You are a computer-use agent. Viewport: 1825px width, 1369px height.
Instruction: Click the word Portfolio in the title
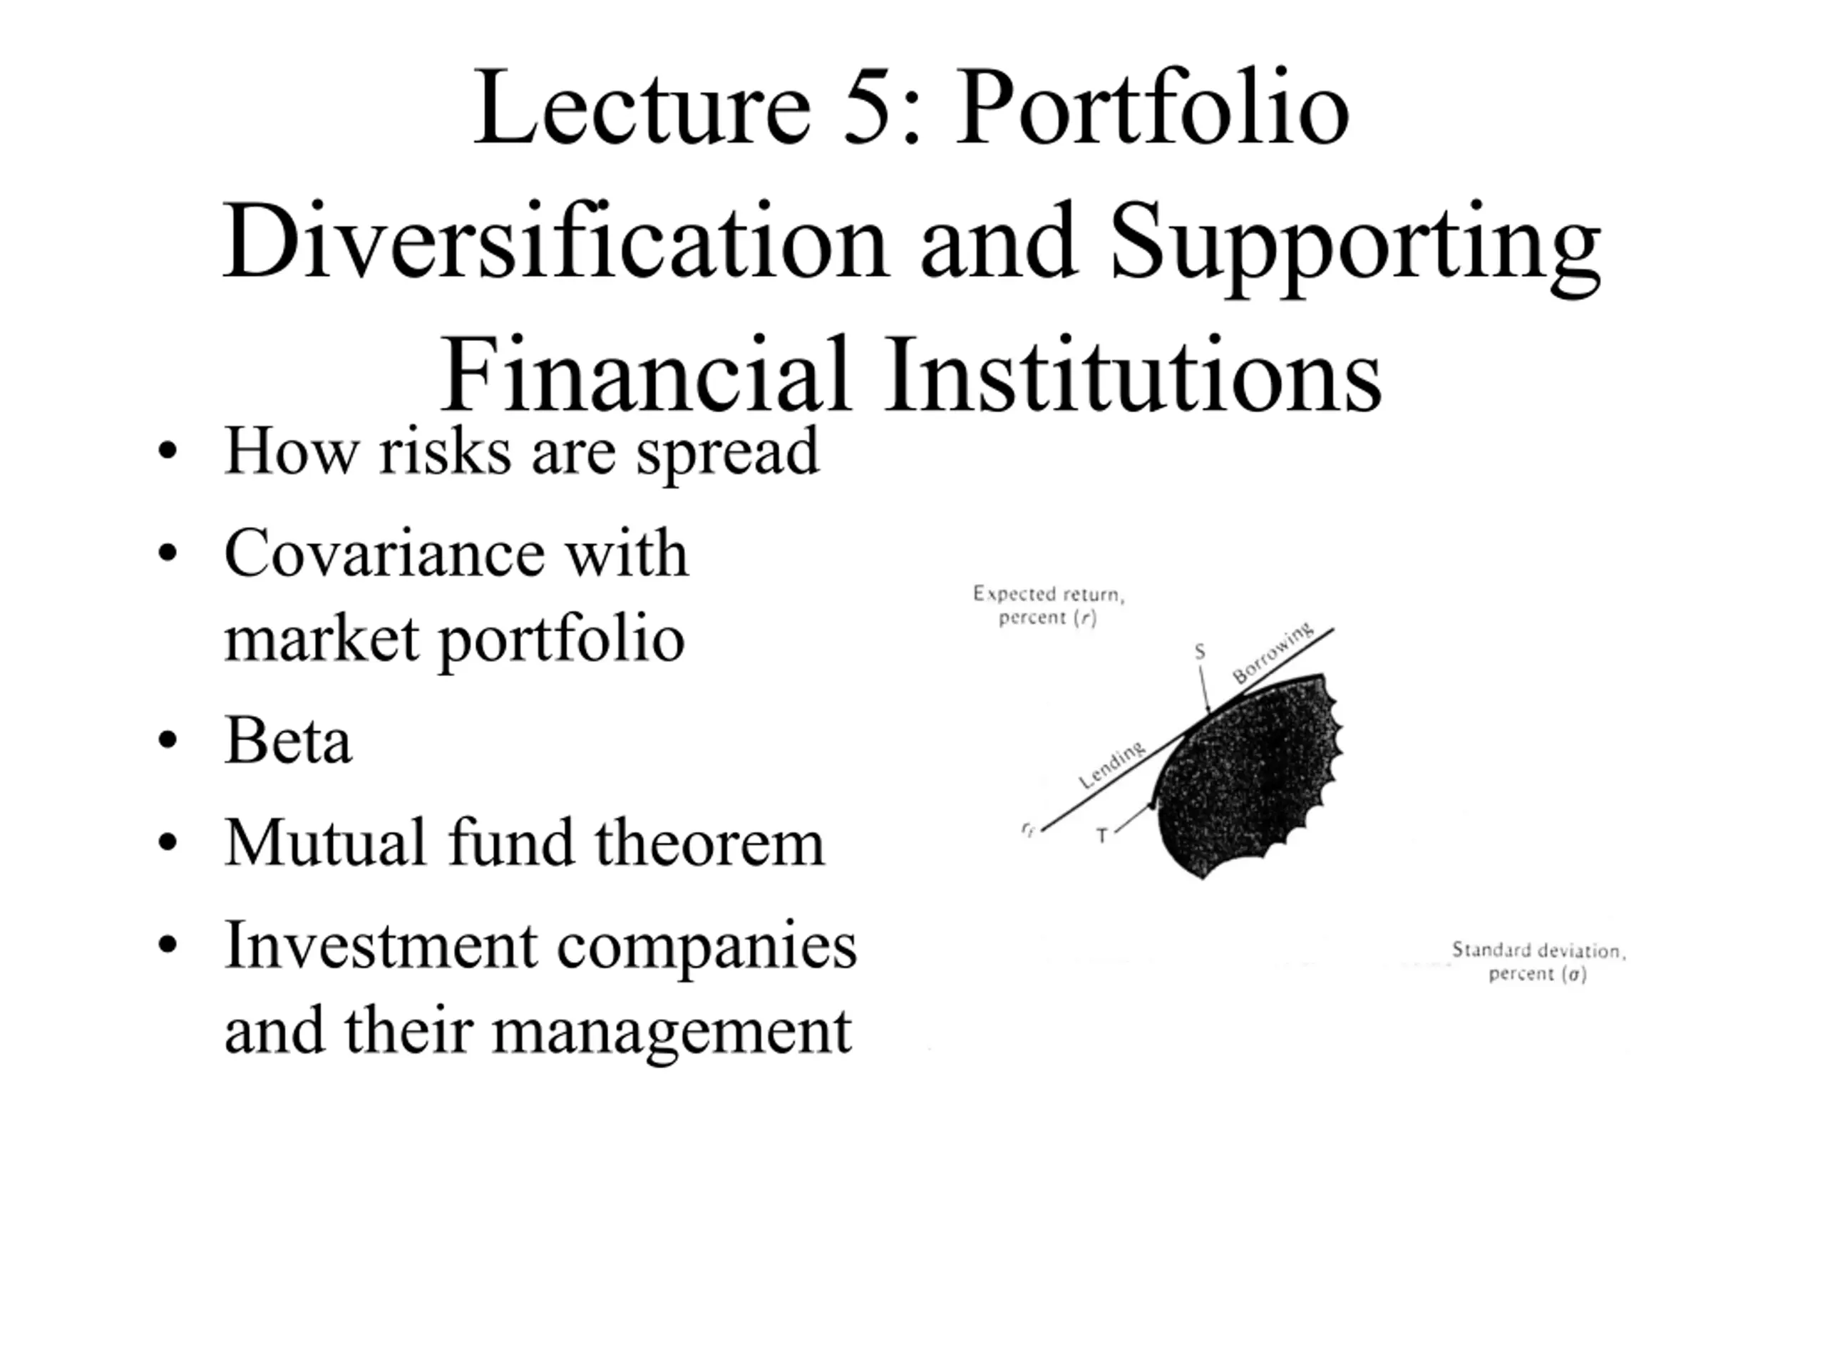(1153, 107)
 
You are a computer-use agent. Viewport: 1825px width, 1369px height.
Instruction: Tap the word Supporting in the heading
(1355, 248)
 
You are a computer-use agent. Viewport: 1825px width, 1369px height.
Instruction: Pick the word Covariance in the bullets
(384, 553)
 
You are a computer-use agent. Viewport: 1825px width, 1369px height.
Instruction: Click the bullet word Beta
(288, 739)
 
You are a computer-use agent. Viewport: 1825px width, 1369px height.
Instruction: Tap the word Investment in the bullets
(381, 945)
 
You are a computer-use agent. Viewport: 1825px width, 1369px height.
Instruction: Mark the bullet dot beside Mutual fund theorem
(168, 843)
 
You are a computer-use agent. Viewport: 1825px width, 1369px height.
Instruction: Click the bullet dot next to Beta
(168, 740)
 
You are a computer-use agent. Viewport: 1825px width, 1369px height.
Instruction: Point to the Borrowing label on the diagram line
(1273, 652)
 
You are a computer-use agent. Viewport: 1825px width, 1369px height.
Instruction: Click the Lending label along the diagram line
(1112, 765)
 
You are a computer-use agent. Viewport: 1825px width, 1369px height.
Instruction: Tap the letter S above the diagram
(1200, 652)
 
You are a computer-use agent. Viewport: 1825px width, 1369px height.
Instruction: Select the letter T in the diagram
(1102, 836)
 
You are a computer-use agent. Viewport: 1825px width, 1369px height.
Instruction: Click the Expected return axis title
(1048, 605)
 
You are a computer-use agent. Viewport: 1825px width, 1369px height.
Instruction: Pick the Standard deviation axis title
(1538, 961)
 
